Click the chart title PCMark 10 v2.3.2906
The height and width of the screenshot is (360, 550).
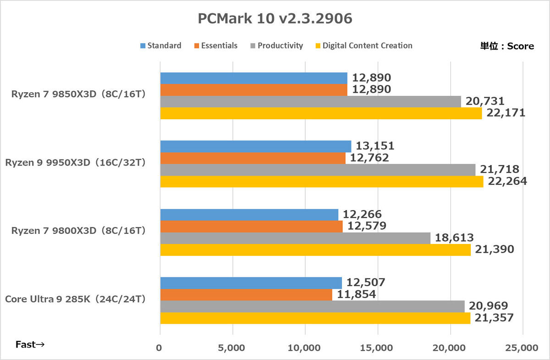[x=275, y=18]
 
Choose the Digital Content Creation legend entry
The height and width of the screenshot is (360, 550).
[x=364, y=45]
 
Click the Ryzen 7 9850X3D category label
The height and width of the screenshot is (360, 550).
[x=78, y=95]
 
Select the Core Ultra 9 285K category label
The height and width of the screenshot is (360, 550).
[x=75, y=299]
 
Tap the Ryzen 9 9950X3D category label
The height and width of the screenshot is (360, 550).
[x=75, y=163]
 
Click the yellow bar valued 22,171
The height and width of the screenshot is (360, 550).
[x=321, y=113]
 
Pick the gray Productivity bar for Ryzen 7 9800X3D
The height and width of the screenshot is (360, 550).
[x=295, y=238]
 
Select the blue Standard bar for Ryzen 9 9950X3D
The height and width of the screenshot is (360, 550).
[x=255, y=146]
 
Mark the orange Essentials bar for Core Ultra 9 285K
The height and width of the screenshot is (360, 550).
[x=246, y=295]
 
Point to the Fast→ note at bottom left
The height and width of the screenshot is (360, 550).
[x=30, y=344]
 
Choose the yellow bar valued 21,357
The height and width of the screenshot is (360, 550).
[x=315, y=318]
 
